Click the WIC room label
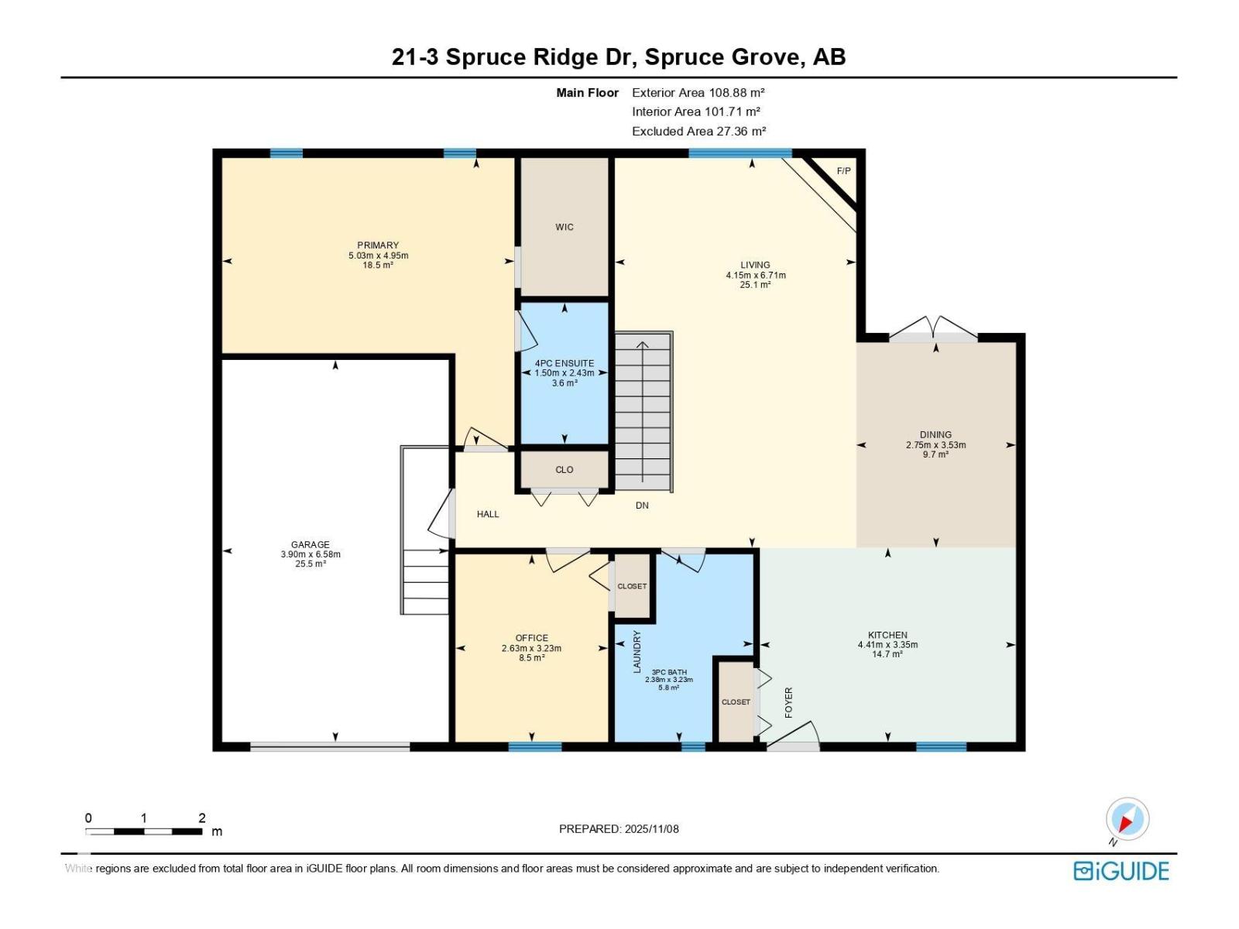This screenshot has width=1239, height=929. (x=564, y=227)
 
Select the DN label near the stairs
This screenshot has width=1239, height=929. (x=642, y=506)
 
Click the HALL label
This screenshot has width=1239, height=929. (x=488, y=514)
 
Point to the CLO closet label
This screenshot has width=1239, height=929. (x=564, y=469)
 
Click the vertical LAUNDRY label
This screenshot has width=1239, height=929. (x=637, y=652)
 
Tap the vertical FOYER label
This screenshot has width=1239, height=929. (x=788, y=702)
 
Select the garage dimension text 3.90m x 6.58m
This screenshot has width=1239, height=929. (x=311, y=554)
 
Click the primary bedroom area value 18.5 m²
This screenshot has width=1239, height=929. (x=378, y=265)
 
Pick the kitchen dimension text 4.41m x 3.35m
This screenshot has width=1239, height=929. (x=887, y=644)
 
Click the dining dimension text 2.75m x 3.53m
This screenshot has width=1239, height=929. (x=935, y=444)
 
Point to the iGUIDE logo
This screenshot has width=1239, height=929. (x=1121, y=871)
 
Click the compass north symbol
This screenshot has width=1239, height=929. (x=1127, y=818)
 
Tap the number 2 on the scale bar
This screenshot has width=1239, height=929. (x=201, y=818)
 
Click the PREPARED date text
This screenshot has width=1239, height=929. (x=619, y=828)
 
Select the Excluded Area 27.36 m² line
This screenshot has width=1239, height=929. (x=698, y=131)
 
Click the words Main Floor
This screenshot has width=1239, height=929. (x=587, y=92)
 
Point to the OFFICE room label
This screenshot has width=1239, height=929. (x=531, y=638)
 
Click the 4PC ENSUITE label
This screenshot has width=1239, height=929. (x=564, y=363)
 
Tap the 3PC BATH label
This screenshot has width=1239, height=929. (x=669, y=672)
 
